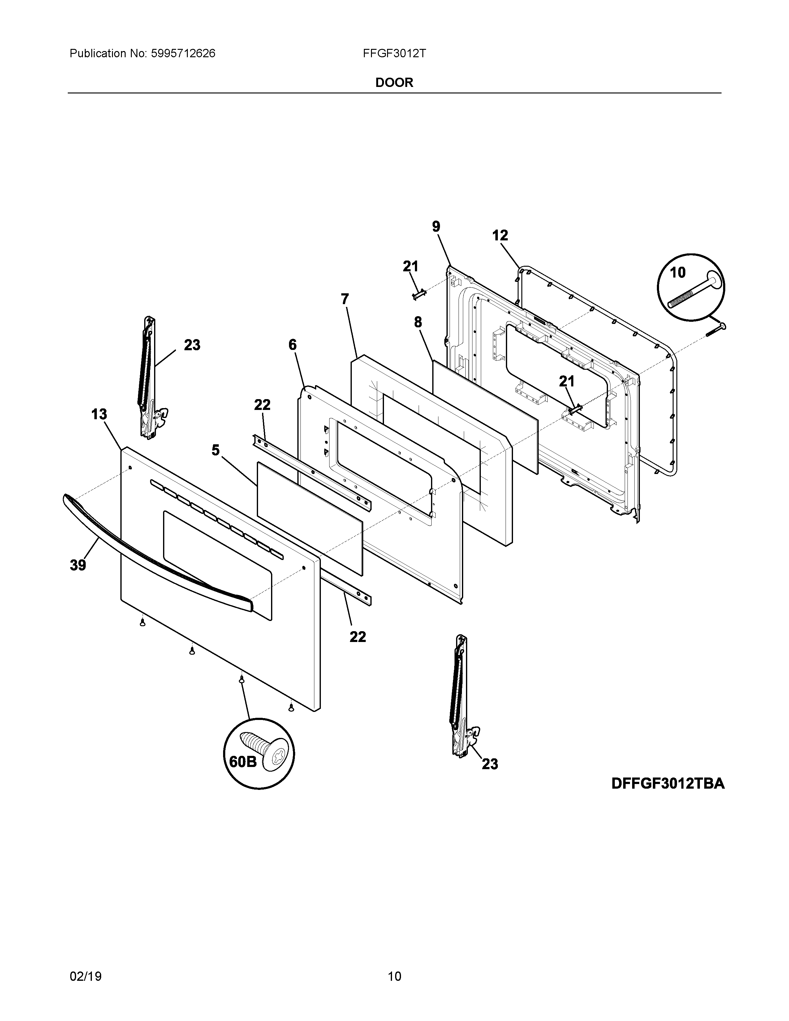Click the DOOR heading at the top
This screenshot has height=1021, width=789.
pos(394,83)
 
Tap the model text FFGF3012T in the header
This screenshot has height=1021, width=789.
pos(394,53)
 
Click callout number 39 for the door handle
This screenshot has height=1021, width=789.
pos(78,565)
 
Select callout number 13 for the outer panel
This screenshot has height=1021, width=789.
pos(99,414)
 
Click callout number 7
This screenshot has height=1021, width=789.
pos(345,299)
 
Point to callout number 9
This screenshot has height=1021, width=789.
pos(436,227)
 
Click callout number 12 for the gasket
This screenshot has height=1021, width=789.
pos(500,235)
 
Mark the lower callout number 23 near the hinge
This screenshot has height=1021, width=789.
pos(489,764)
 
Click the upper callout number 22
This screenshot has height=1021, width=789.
pos(262,405)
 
